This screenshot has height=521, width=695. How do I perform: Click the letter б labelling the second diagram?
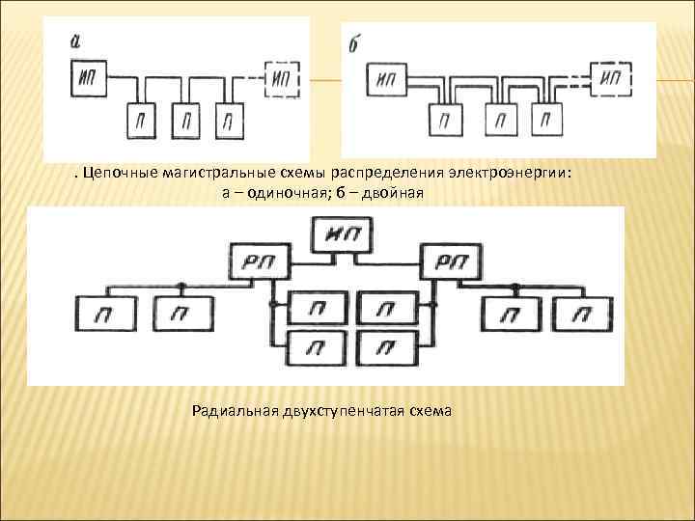coord(353,44)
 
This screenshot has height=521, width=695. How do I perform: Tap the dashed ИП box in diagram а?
coord(283,77)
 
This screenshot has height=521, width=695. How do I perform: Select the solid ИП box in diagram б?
coord(388,78)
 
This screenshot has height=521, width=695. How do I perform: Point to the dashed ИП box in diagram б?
coord(609,77)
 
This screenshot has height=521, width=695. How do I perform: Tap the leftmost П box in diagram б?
coord(444,120)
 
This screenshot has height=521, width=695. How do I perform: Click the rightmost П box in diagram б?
coord(547,120)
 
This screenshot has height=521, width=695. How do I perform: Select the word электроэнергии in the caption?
coord(509,174)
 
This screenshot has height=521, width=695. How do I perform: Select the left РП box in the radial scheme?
coord(253,261)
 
